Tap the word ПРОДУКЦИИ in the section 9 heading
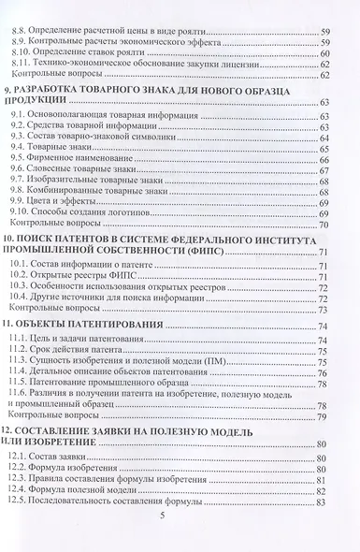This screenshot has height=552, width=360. (x=49, y=99)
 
